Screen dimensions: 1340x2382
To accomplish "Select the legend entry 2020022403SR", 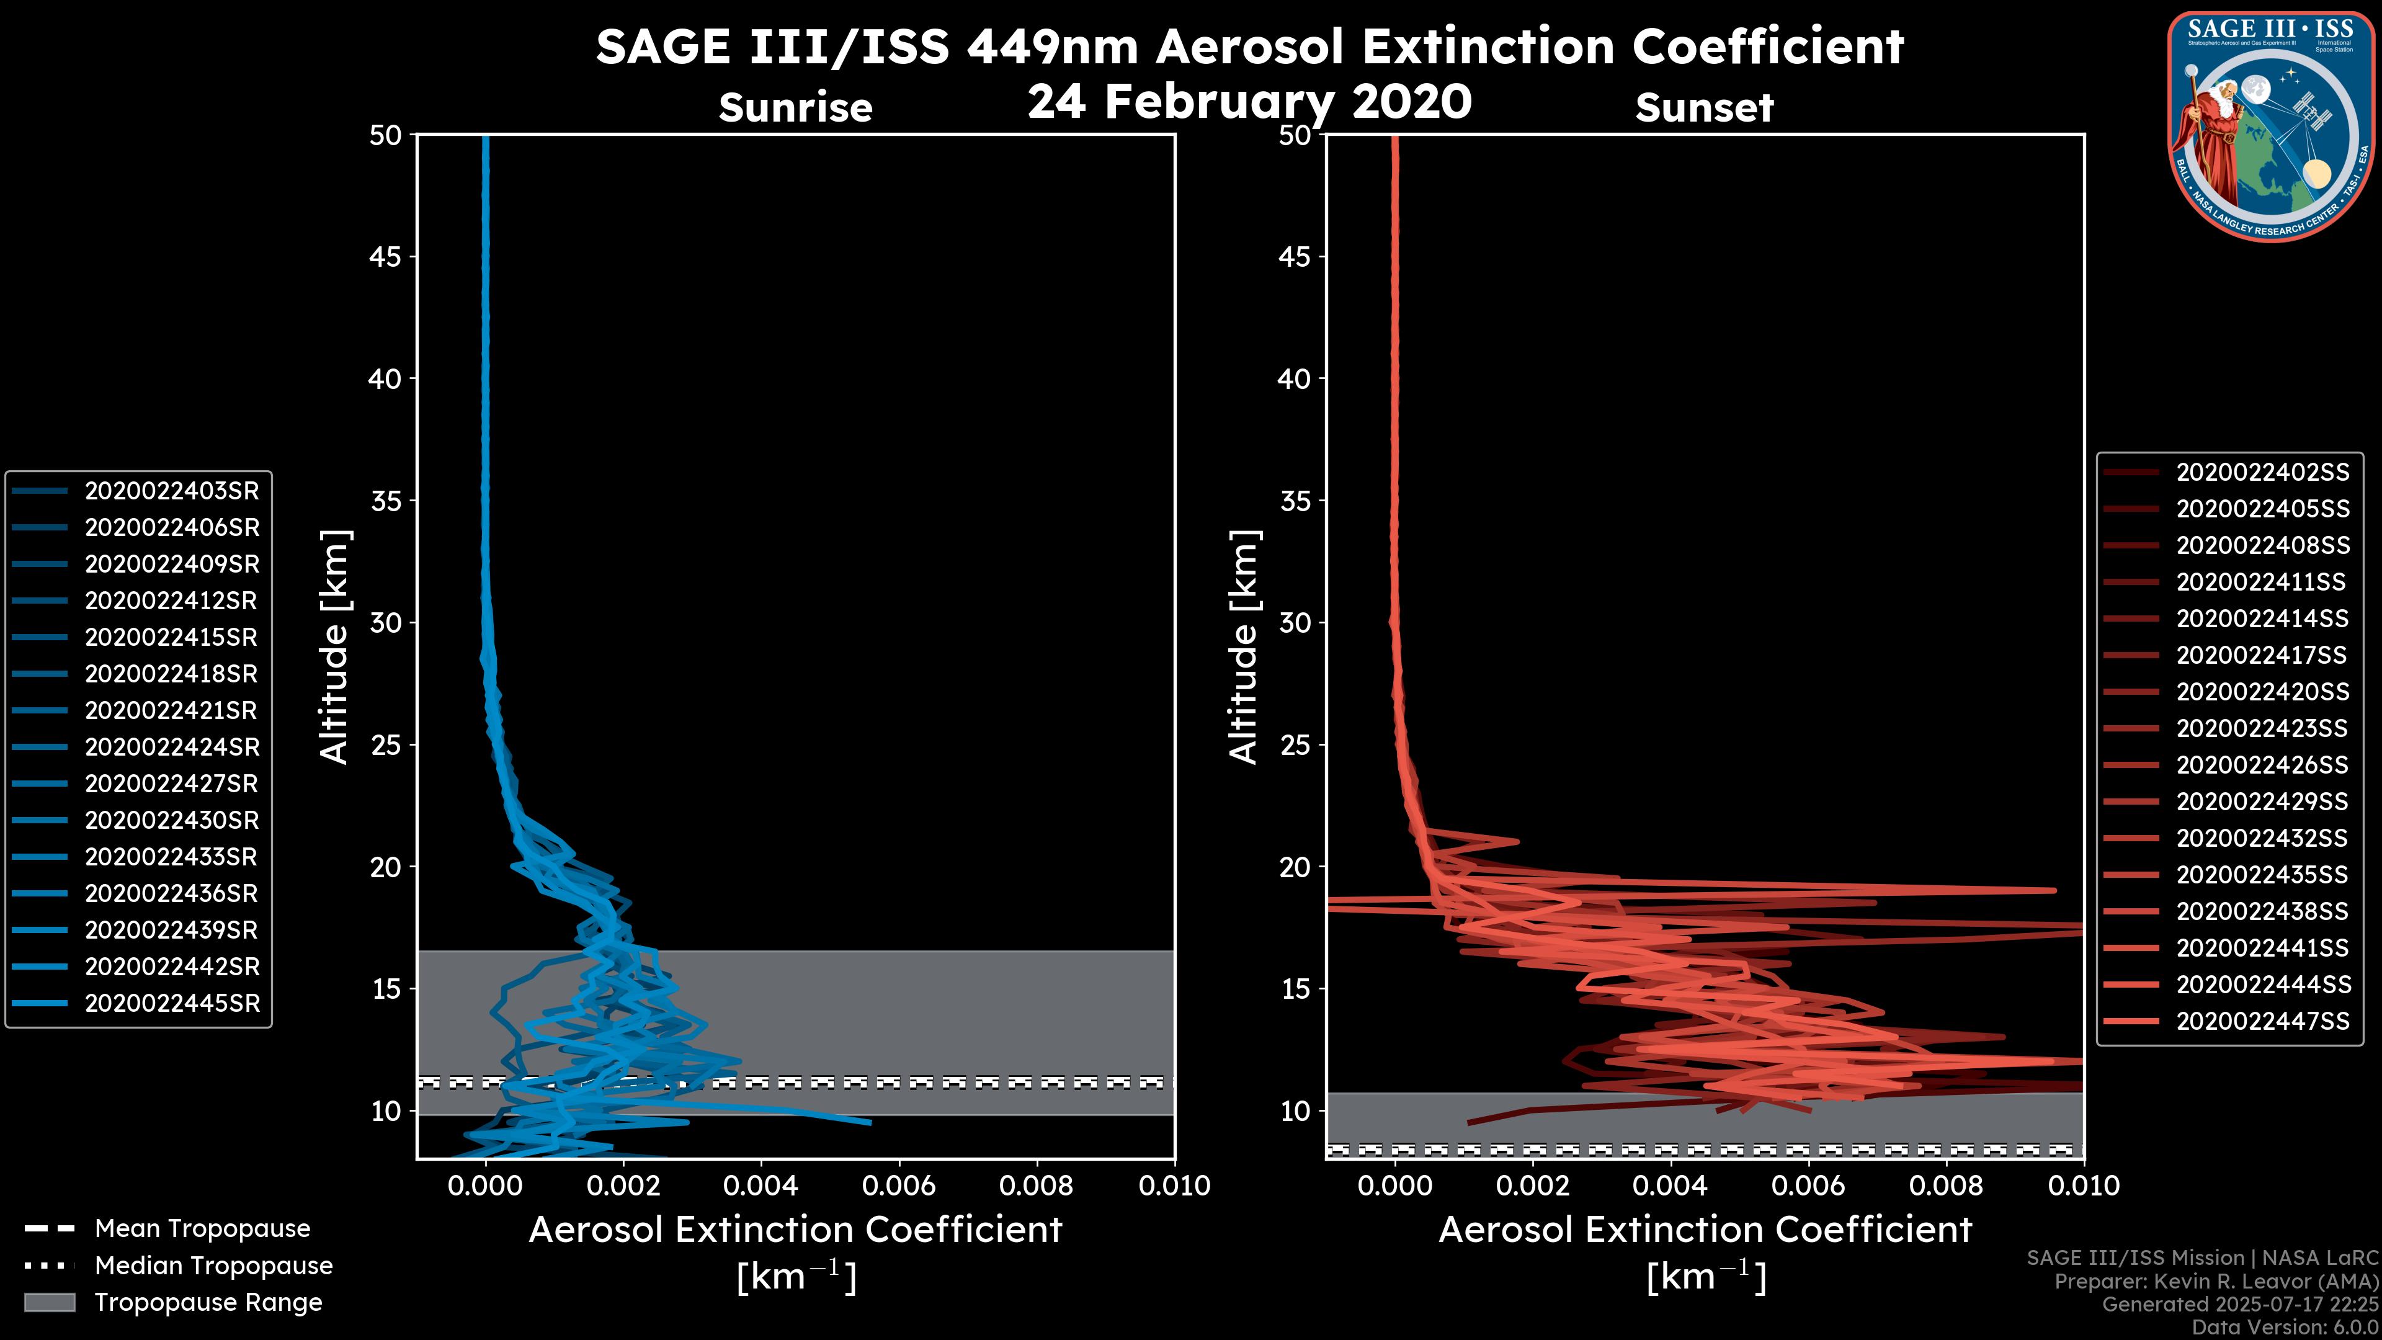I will coord(171,491).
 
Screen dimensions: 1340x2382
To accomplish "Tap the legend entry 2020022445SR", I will coord(172,1003).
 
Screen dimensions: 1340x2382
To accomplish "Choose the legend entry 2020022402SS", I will coord(2262,473).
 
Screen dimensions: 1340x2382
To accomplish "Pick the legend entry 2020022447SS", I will coord(2262,1021).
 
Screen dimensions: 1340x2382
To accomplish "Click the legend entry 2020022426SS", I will coord(2262,765).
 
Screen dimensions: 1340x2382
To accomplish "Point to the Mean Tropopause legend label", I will coord(202,1228).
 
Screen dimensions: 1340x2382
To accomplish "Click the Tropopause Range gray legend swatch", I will coord(49,1302).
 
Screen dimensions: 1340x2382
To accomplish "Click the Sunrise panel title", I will coord(795,108).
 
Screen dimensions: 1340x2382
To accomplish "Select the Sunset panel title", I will coord(1704,108).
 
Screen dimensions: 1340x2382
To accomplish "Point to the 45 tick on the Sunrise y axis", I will coord(386,256).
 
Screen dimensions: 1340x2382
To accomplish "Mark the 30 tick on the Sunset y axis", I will coord(1295,622).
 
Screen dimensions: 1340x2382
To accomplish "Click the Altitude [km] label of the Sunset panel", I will coord(1244,646).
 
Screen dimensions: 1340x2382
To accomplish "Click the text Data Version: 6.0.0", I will coord(2285,1327).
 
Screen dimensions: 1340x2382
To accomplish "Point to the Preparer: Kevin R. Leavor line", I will coord(2216,1282).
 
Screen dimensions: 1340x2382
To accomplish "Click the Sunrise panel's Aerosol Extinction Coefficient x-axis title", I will coord(795,1230).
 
